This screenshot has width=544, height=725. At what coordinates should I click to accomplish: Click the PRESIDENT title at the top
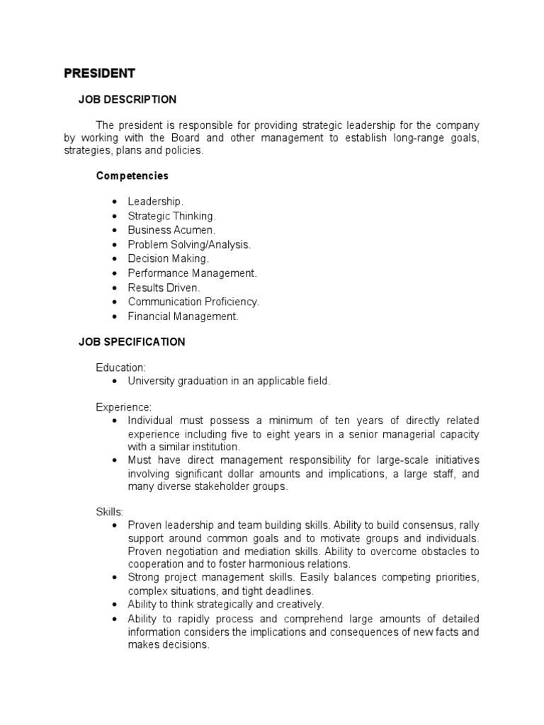click(99, 74)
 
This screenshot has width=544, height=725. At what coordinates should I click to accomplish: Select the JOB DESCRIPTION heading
click(127, 100)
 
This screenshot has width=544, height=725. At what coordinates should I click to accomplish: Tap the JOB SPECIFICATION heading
click(131, 342)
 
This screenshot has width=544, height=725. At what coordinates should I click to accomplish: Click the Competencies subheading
click(132, 176)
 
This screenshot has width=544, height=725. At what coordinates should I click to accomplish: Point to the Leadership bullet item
click(155, 202)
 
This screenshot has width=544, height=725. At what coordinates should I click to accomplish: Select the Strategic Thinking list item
click(171, 216)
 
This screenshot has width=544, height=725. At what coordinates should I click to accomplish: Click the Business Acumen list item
click(171, 230)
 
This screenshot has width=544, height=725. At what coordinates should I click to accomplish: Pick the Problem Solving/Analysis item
click(189, 244)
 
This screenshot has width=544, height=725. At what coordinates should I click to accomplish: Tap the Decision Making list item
click(169, 259)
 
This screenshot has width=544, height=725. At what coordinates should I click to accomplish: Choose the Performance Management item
click(192, 273)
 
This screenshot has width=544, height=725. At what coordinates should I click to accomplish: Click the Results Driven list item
click(164, 287)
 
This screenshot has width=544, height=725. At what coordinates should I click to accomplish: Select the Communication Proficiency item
click(193, 302)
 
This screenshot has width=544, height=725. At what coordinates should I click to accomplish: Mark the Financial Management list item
click(183, 316)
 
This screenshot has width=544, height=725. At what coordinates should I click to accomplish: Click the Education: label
click(121, 367)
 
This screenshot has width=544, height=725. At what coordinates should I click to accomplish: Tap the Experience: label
click(123, 407)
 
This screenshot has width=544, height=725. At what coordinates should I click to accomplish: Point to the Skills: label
click(110, 511)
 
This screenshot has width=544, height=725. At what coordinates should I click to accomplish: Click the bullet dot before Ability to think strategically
click(114, 605)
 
